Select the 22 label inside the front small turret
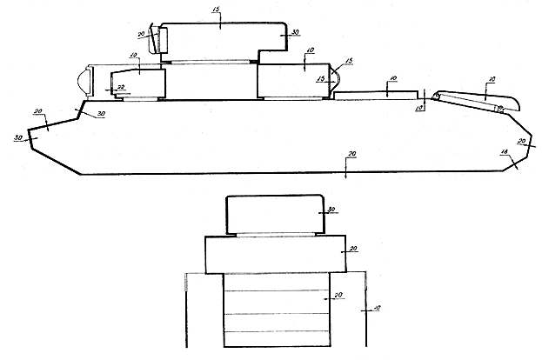(x=122, y=85)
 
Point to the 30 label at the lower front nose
(x=18, y=138)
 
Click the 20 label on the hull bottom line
(x=351, y=154)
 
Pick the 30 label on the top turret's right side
(x=295, y=32)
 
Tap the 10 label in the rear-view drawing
(x=376, y=308)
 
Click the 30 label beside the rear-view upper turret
(x=331, y=210)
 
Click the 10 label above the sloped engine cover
(x=492, y=80)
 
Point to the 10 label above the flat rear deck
(x=393, y=79)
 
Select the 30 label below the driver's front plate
(x=101, y=115)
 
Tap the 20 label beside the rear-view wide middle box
(x=353, y=249)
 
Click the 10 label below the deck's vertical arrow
(x=419, y=108)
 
